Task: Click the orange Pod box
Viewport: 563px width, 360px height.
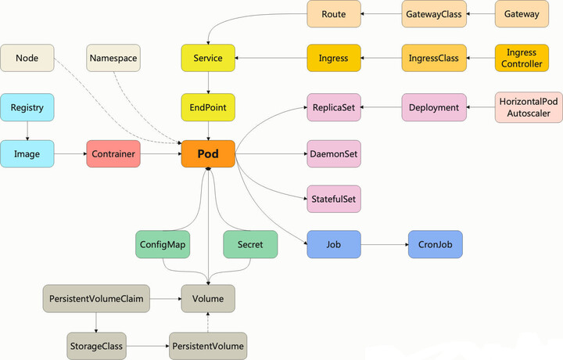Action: pos(208,154)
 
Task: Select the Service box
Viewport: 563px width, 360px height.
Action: pos(208,58)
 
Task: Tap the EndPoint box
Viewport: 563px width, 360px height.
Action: pos(208,106)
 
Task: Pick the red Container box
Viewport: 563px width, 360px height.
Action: pos(113,154)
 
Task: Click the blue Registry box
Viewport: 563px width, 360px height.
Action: pos(27,106)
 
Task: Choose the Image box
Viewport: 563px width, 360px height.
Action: pos(27,154)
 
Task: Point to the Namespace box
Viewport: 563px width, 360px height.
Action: pos(113,58)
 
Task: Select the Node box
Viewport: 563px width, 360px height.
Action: pos(27,58)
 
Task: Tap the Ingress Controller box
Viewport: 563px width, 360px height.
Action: pos(522,58)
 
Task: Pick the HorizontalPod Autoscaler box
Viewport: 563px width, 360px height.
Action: pos(529,107)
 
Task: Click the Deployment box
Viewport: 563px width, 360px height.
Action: pos(434,107)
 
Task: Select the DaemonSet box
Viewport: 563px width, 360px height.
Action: pos(334,154)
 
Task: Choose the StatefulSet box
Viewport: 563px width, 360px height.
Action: pos(334,199)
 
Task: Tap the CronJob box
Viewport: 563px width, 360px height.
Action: pos(435,244)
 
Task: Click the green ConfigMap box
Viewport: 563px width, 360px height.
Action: pos(162,244)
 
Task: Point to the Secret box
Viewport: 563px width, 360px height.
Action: pos(250,244)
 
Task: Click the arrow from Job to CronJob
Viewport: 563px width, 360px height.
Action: pos(385,244)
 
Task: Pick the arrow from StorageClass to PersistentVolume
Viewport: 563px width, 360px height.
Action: pos(147,345)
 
